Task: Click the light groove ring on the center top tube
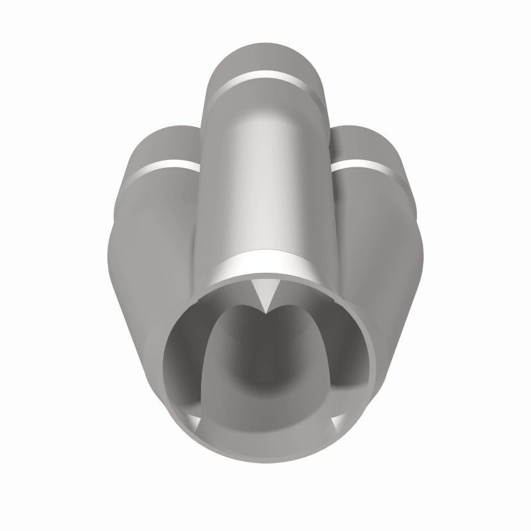[265, 75]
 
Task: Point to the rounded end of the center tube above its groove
[265, 56]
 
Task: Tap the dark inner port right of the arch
[345, 358]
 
